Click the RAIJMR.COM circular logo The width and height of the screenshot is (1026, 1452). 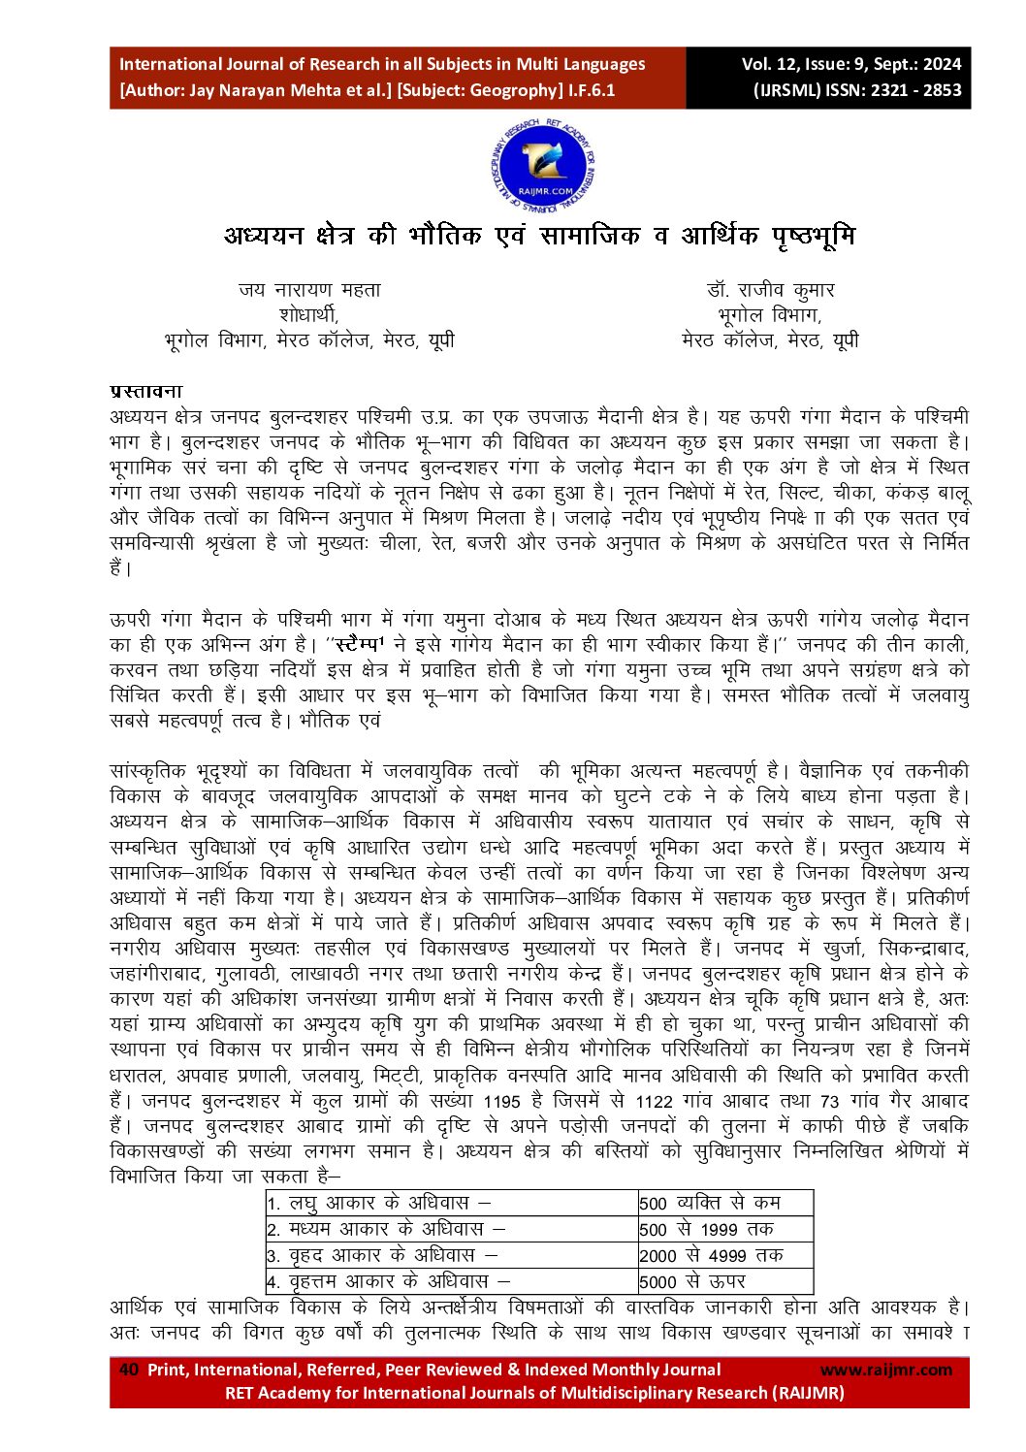[542, 166]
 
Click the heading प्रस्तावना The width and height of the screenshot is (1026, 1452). [146, 392]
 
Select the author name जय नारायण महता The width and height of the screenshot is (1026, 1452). [309, 290]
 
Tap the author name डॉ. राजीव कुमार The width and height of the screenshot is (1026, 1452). [770, 290]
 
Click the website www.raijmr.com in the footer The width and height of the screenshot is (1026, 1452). [885, 1370]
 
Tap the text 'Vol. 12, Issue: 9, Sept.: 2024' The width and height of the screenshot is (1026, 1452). [850, 65]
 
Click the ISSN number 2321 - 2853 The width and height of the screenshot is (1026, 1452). [914, 90]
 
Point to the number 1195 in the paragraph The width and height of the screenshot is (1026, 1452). [501, 1102]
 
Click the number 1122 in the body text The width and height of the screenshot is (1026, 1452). [654, 1102]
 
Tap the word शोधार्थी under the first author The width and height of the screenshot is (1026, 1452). [308, 315]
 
